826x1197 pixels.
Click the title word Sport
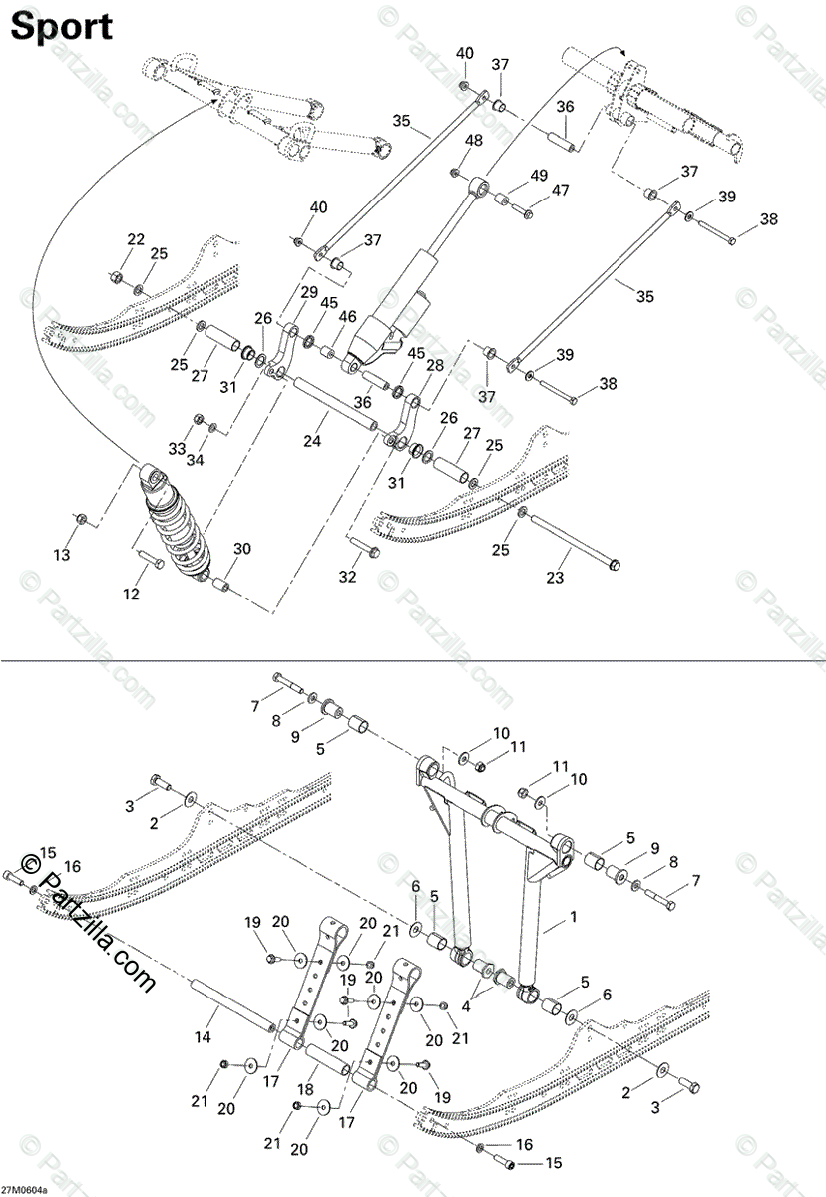pyautogui.click(x=61, y=27)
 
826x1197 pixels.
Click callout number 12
pyautogui.click(x=131, y=595)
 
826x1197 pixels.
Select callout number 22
pyautogui.click(x=135, y=238)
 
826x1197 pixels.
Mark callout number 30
pyautogui.click(x=242, y=548)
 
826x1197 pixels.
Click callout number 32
pyautogui.click(x=347, y=577)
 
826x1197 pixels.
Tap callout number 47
pyautogui.click(x=560, y=190)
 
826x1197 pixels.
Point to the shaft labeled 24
pyautogui.click(x=330, y=407)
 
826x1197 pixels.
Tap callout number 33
pyautogui.click(x=177, y=450)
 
